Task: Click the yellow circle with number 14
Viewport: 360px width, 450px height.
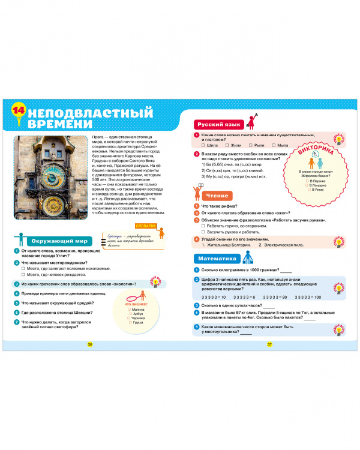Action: click(20, 110)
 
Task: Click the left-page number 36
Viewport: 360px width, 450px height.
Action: click(90, 344)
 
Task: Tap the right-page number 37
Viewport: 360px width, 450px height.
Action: click(269, 344)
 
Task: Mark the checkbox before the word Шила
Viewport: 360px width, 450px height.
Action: click(205, 145)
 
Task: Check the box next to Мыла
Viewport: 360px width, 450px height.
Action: click(272, 145)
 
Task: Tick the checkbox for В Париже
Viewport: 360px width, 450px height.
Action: click(306, 181)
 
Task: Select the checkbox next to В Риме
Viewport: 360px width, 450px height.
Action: click(306, 190)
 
